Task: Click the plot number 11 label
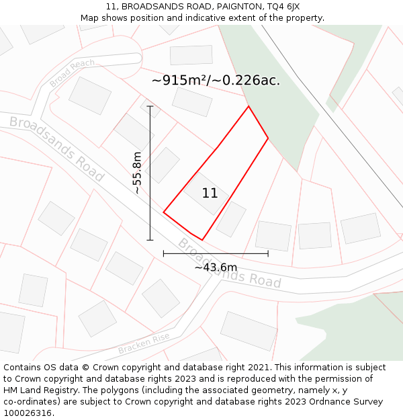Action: [210, 194]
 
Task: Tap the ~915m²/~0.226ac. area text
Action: [216, 81]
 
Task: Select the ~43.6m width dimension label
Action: [216, 267]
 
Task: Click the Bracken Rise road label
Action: [144, 345]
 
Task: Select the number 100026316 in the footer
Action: [28, 413]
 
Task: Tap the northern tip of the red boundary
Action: [249, 106]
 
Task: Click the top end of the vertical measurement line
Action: [150, 106]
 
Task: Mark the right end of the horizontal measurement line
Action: [268, 253]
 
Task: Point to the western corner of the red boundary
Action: [164, 213]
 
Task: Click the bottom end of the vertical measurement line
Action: [150, 239]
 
